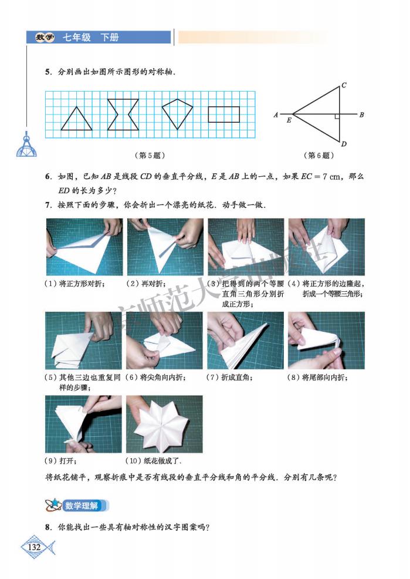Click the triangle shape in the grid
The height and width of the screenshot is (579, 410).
(x=76, y=119)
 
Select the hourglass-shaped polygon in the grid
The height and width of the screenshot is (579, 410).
(x=123, y=115)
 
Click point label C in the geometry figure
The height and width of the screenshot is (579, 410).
(x=344, y=86)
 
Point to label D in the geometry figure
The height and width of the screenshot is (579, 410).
(x=344, y=144)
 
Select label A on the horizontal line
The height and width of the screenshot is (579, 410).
(x=275, y=115)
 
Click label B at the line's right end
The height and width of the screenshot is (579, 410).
(x=362, y=115)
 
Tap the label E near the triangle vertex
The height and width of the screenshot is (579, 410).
(x=289, y=120)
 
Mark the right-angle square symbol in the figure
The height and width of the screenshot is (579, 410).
(x=337, y=117)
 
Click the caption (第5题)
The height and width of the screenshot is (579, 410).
(x=150, y=156)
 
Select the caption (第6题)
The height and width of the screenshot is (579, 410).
(x=319, y=156)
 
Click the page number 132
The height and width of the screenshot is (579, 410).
(x=34, y=547)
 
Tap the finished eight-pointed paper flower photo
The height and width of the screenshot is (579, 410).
(x=164, y=424)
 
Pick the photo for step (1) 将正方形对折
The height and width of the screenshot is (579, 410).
(x=83, y=247)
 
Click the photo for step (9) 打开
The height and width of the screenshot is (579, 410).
(x=83, y=424)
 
